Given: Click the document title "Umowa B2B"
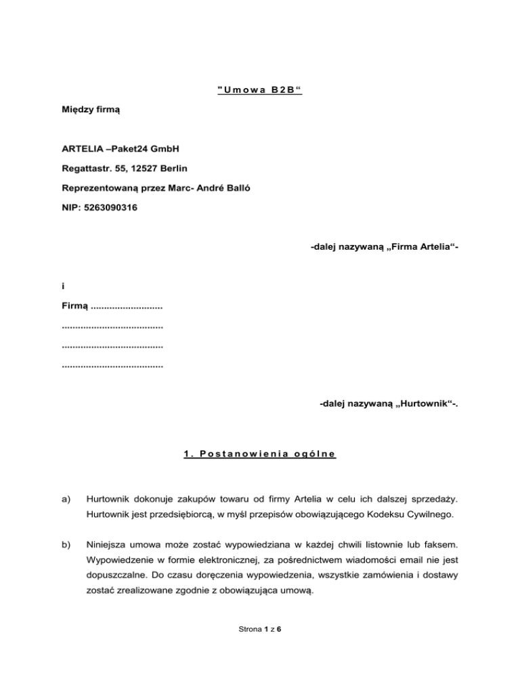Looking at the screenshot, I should pos(260,90).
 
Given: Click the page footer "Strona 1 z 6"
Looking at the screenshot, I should pos(260,629).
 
